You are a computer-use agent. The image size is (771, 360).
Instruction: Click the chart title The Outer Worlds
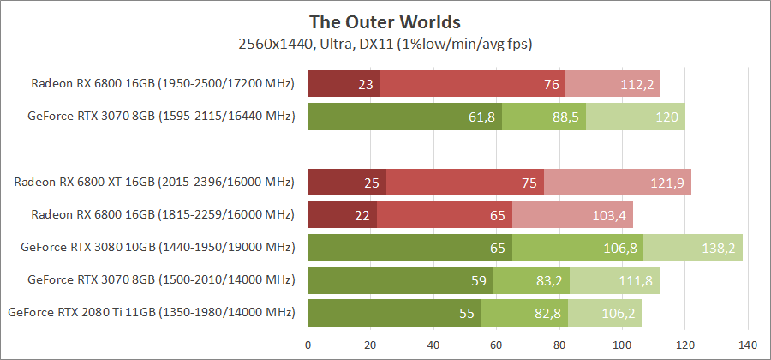(x=385, y=20)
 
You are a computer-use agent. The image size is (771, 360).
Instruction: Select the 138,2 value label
(x=719, y=248)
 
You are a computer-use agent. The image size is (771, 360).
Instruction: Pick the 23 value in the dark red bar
(x=366, y=84)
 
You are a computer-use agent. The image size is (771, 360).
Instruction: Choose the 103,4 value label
(x=610, y=215)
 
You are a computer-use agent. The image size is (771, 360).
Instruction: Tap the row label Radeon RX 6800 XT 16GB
(x=153, y=183)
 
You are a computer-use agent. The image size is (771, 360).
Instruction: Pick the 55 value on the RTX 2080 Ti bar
(x=466, y=313)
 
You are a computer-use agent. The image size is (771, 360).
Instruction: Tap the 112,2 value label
(x=637, y=84)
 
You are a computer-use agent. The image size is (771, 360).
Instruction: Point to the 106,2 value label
(x=619, y=313)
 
